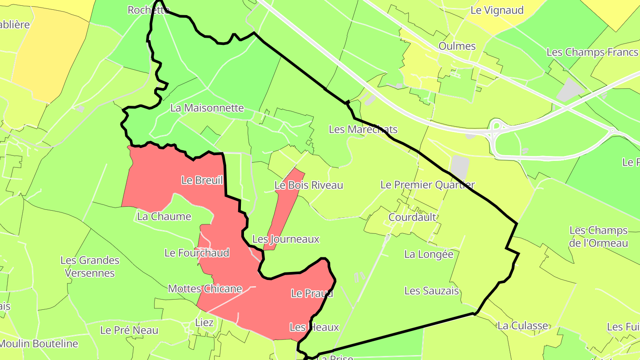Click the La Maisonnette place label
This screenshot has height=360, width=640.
(207, 108)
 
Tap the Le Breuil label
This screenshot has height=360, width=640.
(202, 180)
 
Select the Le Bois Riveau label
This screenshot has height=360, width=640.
(308, 185)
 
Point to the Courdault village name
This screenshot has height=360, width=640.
(412, 217)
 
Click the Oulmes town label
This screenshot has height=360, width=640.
(457, 46)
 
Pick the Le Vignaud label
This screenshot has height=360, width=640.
(497, 10)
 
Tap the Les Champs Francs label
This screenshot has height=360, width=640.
(592, 52)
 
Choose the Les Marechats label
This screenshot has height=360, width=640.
(363, 129)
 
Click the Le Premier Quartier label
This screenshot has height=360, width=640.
(428, 185)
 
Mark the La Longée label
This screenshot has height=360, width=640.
(428, 254)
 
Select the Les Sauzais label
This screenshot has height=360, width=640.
(431, 291)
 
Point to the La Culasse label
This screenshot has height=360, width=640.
(523, 326)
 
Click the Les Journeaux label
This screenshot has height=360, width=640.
(285, 239)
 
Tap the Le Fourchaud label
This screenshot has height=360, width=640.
(196, 253)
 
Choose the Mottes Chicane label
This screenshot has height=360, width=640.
(205, 289)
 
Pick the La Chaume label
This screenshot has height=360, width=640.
(164, 216)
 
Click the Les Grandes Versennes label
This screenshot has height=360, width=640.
(90, 267)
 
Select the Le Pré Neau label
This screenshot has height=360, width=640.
(129, 330)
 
